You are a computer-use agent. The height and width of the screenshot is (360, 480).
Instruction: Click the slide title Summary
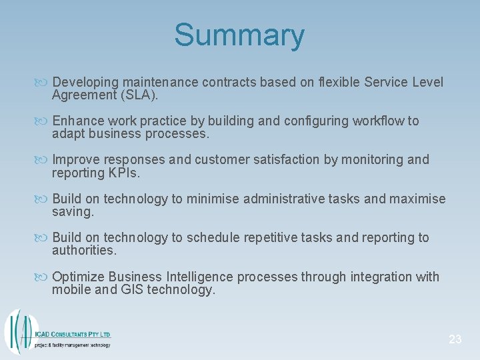click(x=239, y=35)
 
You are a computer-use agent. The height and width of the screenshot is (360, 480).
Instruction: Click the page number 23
click(x=455, y=339)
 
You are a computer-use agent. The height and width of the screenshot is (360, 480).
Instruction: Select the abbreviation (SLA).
click(x=139, y=95)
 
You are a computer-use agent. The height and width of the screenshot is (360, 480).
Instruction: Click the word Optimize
click(x=78, y=277)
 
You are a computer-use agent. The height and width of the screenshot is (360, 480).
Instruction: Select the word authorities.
click(x=84, y=251)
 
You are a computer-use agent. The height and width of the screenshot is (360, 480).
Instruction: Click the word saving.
click(x=73, y=212)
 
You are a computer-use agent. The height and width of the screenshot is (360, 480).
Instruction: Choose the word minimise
click(x=213, y=199)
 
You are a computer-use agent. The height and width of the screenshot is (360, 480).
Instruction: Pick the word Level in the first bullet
click(x=428, y=83)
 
